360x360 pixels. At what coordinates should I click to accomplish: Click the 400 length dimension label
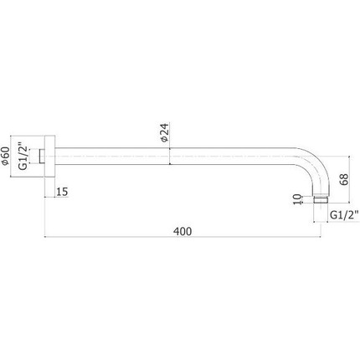tap(183, 231)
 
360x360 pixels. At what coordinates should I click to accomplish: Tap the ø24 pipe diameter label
tap(165, 132)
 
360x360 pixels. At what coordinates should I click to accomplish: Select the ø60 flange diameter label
tap(5, 156)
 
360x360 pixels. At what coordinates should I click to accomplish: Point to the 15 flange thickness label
tap(62, 192)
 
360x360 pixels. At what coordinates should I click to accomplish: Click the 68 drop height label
tap(344, 179)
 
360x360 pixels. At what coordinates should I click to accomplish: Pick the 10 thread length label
tap(298, 199)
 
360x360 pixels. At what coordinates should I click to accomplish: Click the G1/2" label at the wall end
tap(23, 157)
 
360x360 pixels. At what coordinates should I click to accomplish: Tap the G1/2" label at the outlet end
tap(344, 215)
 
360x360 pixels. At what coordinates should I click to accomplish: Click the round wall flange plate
tap(50, 157)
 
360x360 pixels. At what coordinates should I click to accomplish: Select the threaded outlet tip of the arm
tap(320, 200)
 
